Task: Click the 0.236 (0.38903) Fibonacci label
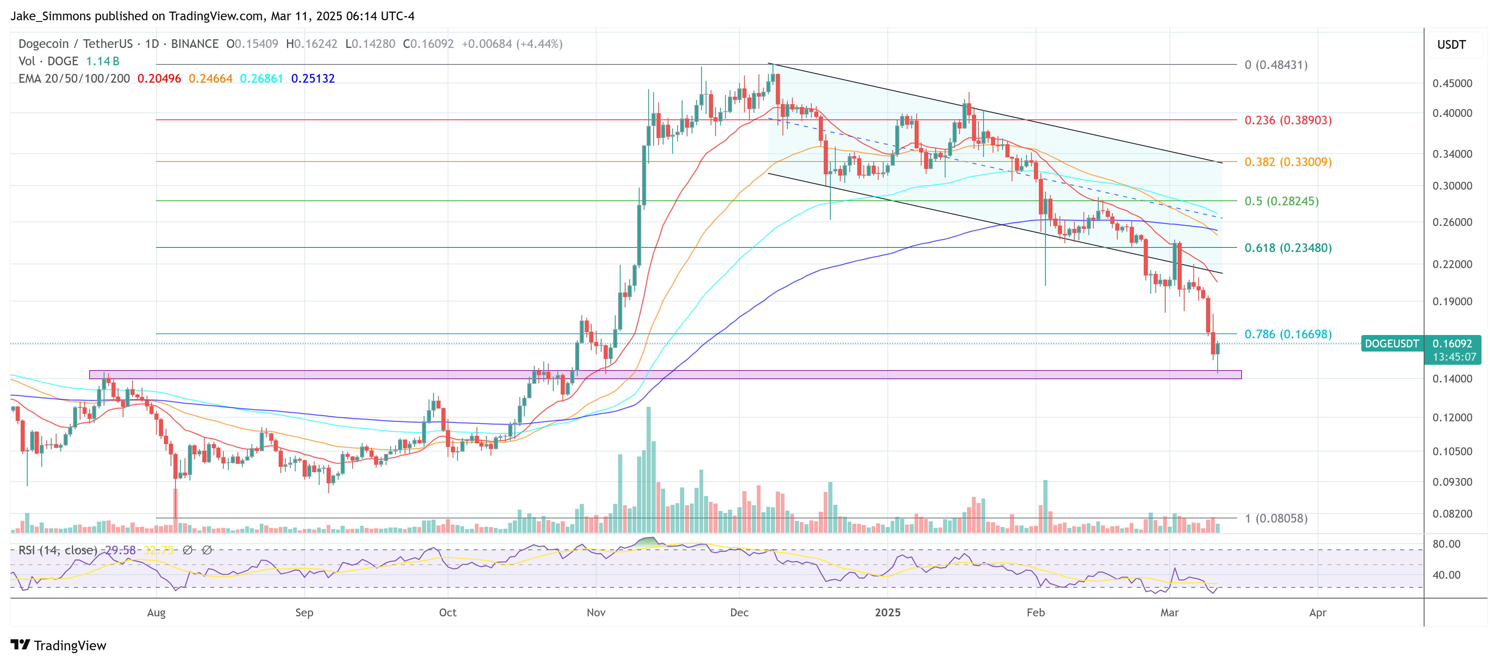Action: tap(1287, 120)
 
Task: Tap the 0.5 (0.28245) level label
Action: tap(1281, 201)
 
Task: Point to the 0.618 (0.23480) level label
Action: tap(1287, 248)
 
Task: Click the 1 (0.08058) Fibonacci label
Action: tap(1276, 518)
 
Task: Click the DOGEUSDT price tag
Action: tap(1391, 344)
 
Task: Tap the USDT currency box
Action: tap(1451, 45)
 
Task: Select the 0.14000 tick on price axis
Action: tap(1452, 379)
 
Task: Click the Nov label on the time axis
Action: tap(596, 613)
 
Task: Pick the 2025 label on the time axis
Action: tap(887, 613)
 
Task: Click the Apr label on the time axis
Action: tap(1317, 613)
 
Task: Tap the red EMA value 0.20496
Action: tap(159, 78)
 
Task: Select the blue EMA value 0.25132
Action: tap(313, 78)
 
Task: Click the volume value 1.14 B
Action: tap(102, 61)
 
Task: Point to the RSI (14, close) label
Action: tap(57, 550)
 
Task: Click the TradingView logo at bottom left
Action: tap(58, 646)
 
